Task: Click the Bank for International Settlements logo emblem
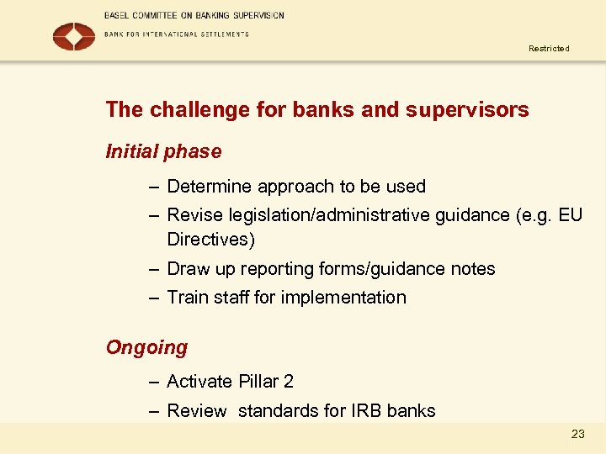tap(74, 36)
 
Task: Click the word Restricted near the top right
tap(549, 49)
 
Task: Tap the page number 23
tap(577, 434)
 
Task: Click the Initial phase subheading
tap(163, 152)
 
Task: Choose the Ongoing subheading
tap(146, 347)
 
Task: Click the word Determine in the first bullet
tap(210, 187)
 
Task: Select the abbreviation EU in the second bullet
tap(570, 215)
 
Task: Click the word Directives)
tap(210, 240)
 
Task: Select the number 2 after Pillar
tap(289, 382)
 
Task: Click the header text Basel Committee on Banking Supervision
tap(194, 15)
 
